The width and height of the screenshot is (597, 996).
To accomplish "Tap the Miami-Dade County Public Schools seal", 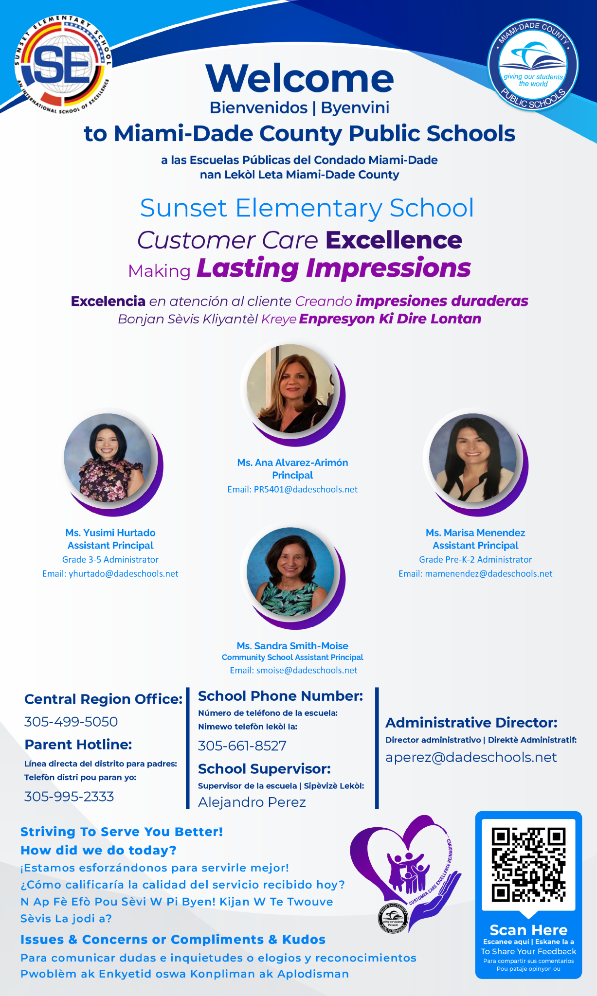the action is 533,66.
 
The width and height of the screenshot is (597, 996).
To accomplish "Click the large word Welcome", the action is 300,78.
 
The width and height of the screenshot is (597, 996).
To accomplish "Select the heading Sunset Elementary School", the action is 307,208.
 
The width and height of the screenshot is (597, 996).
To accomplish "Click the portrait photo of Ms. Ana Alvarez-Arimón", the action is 290,389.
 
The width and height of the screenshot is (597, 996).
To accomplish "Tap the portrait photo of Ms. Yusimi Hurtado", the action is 108,458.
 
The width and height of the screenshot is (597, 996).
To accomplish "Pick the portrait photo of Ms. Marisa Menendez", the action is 473,458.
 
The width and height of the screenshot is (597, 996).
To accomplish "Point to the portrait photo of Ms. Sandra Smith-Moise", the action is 290,571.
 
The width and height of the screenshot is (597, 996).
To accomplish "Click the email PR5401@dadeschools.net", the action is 306,490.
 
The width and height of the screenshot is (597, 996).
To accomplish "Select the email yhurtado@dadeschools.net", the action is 124,574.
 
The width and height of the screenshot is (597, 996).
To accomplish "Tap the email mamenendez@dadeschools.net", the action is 488,574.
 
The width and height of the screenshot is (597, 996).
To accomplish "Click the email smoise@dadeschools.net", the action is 307,671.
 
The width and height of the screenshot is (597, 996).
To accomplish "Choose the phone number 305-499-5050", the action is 71,722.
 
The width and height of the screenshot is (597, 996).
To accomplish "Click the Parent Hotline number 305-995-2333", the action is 69,797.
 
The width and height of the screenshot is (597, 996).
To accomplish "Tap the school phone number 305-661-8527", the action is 242,746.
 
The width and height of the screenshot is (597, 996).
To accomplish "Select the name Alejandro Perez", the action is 252,802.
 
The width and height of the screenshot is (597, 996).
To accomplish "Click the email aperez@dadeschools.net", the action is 471,758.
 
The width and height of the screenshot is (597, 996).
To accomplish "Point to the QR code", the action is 528,865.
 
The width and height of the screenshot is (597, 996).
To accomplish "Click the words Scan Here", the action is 528,930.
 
